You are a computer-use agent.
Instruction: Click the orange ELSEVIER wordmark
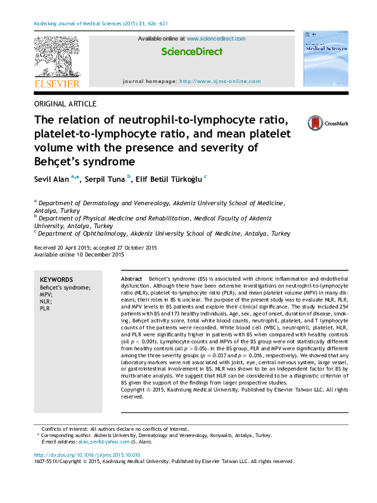click(x=56, y=84)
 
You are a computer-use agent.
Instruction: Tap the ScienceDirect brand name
click(x=191, y=51)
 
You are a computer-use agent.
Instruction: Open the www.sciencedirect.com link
click(x=216, y=39)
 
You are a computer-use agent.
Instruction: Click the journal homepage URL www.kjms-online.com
click(x=220, y=81)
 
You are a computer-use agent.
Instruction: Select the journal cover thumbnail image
click(x=326, y=61)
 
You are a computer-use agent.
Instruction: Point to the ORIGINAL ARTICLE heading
click(x=65, y=103)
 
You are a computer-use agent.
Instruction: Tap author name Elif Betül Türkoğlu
click(x=168, y=179)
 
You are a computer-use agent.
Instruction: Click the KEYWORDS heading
click(x=56, y=280)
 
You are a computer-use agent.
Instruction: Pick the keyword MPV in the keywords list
click(x=46, y=295)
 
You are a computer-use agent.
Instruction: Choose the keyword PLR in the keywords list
click(x=45, y=309)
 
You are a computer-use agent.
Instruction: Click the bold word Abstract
click(x=131, y=279)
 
